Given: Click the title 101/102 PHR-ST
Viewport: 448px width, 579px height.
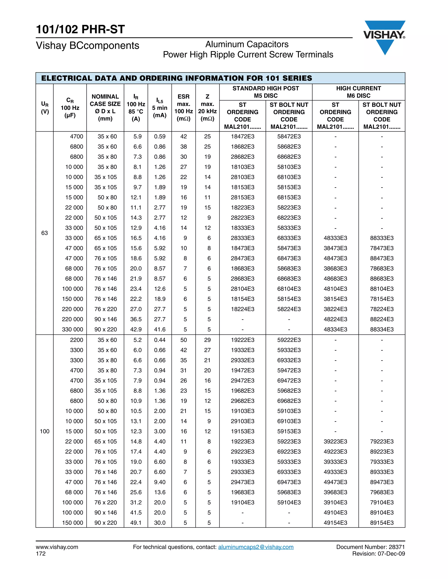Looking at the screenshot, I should [80, 29].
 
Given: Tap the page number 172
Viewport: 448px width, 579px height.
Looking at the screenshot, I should [41, 554].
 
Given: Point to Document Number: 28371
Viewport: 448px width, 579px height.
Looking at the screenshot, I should [370, 547].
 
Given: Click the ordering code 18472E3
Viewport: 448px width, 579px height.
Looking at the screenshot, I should [242, 137].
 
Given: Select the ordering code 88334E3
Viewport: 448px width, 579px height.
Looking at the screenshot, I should [382, 329].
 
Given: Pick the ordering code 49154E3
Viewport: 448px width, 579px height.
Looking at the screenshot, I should [335, 523].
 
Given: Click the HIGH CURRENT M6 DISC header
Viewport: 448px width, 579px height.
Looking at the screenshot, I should [358, 92].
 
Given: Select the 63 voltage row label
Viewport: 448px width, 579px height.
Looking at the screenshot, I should [45, 233].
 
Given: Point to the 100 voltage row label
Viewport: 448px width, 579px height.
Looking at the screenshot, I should [45, 431].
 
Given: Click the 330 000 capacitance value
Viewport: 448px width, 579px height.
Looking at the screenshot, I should [72, 329].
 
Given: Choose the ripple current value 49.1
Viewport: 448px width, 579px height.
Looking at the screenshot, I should [136, 523].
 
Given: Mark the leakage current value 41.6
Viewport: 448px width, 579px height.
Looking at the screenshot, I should [159, 329].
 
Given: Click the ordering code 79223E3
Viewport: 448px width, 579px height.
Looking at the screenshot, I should [382, 441].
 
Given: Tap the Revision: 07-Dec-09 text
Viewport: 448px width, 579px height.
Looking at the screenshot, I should [378, 554].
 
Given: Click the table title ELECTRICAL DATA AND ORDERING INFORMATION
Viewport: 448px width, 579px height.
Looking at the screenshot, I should [177, 78].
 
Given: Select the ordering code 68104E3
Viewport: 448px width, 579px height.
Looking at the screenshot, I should [289, 289].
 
